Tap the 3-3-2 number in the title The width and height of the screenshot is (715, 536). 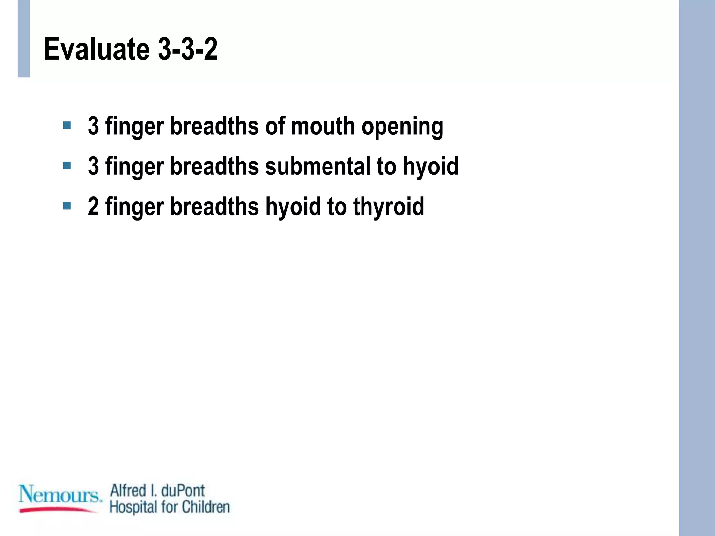(x=188, y=50)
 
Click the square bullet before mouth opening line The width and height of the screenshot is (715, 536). (x=67, y=125)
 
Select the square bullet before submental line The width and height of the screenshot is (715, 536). (x=67, y=165)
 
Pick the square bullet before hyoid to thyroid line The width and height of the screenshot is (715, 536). (x=67, y=206)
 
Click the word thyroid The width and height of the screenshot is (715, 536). (x=389, y=207)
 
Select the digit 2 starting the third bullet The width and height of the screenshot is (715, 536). (x=94, y=207)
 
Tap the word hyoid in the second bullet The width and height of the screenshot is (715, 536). (x=431, y=167)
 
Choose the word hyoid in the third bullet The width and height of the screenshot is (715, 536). (x=293, y=207)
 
